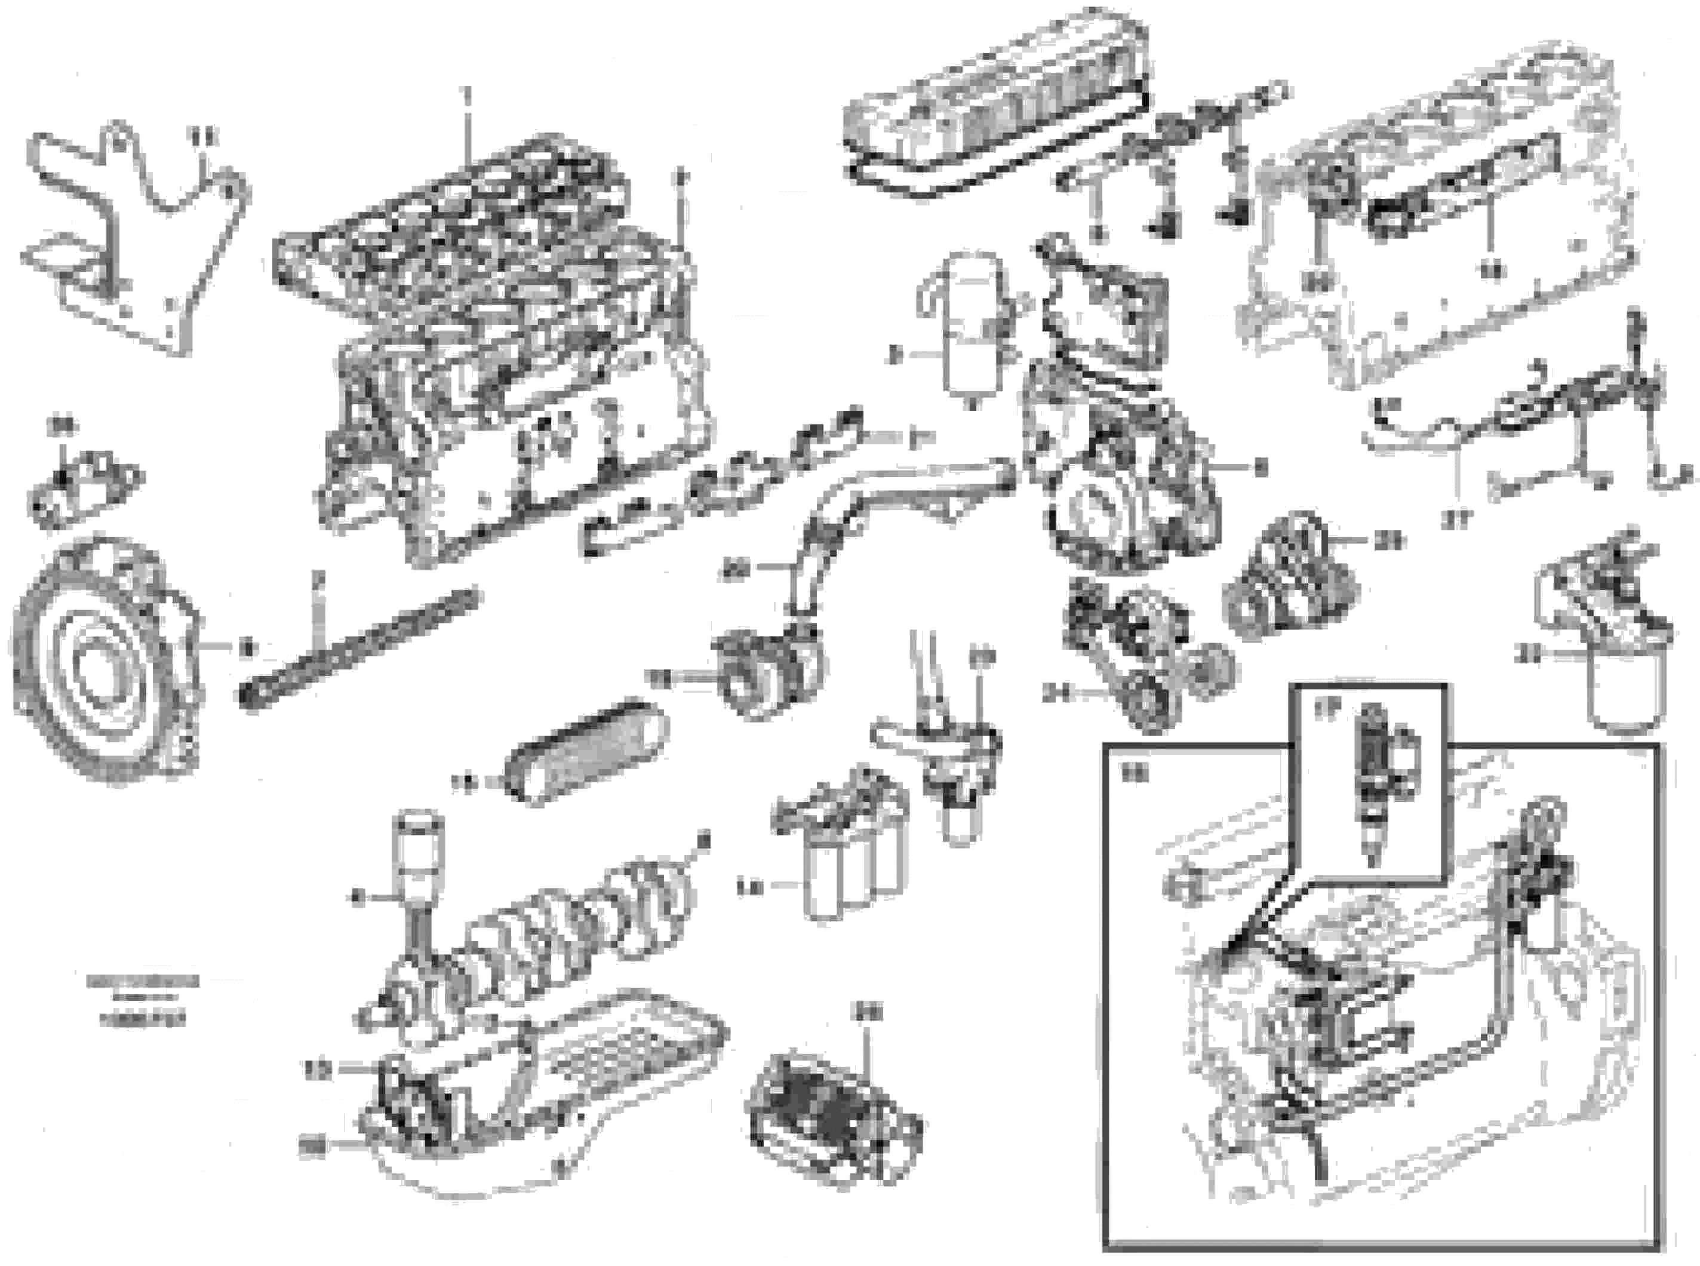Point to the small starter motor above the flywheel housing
(x=84, y=487)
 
